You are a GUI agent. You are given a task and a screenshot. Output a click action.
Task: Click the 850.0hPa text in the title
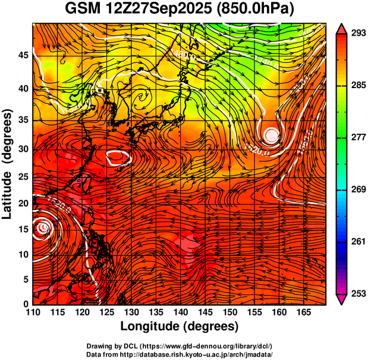coord(256,10)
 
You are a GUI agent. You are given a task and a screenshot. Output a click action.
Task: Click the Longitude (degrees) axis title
coord(180,327)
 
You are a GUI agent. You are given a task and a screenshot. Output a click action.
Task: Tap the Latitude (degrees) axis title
coord(8,164)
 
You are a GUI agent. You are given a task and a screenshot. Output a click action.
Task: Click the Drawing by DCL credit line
coord(180,346)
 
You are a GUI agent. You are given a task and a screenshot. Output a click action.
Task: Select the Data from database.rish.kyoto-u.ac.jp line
coord(180,354)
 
